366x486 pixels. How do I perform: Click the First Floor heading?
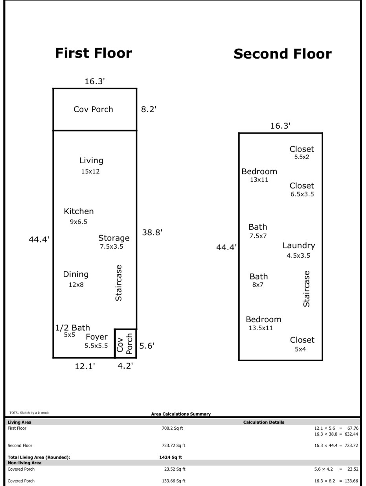click(93, 53)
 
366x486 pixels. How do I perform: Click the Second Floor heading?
click(283, 54)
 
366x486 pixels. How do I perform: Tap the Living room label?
click(91, 161)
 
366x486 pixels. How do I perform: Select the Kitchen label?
click(79, 211)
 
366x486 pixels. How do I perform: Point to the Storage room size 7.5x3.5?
click(112, 246)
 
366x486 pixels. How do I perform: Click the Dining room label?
click(76, 274)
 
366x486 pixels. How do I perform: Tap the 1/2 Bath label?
click(73, 327)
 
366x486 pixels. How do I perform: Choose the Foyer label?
click(97, 337)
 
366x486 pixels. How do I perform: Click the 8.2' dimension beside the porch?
click(149, 109)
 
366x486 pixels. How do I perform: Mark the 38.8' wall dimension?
click(152, 232)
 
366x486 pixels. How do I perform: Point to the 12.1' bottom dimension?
click(85, 366)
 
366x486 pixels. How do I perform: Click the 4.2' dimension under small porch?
click(125, 366)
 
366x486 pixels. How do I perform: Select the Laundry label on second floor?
click(299, 245)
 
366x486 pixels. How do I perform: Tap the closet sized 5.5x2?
click(302, 157)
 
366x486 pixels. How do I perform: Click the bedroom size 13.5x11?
click(261, 328)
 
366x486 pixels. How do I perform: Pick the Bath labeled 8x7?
click(258, 285)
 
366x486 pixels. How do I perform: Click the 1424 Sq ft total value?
click(171, 457)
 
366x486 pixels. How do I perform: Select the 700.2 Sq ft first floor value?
click(173, 428)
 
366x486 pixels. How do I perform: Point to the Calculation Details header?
click(264, 422)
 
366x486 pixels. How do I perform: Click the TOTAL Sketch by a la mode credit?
click(29, 413)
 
